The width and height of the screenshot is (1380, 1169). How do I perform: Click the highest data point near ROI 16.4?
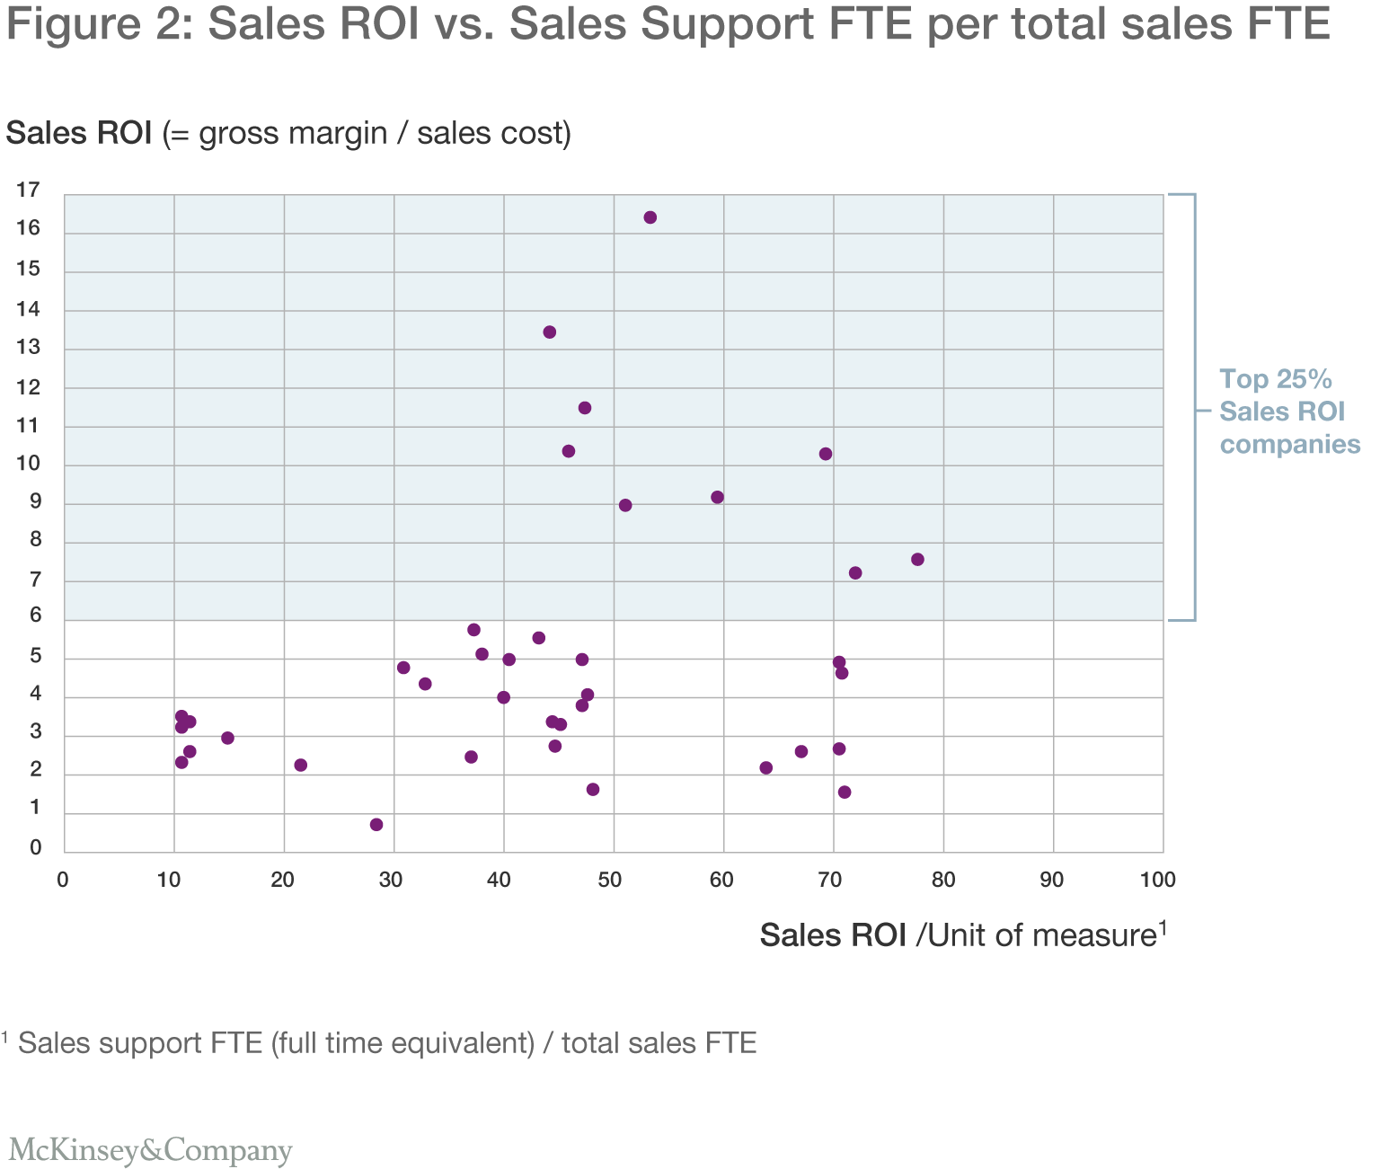(x=650, y=217)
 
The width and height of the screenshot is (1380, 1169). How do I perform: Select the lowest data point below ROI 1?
(x=376, y=825)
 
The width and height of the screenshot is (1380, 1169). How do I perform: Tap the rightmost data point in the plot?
(x=917, y=560)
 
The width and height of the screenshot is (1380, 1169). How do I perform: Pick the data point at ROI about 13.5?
(x=550, y=332)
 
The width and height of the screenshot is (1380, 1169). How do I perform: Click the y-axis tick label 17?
(x=29, y=190)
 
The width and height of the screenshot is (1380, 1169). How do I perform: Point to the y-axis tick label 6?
(x=36, y=615)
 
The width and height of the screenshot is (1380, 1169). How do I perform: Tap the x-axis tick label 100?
(x=1157, y=881)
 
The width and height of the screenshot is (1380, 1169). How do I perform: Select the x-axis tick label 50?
(x=610, y=881)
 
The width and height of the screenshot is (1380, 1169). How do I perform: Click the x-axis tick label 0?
(x=63, y=881)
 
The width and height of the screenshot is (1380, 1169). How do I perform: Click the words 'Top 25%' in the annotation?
(x=1275, y=379)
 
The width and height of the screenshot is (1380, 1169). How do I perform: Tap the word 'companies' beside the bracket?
(x=1289, y=445)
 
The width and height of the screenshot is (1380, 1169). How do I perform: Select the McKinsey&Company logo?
(x=150, y=1150)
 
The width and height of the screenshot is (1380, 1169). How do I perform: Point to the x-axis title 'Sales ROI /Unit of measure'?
(x=962, y=935)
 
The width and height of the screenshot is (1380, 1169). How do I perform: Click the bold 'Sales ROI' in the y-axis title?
(x=79, y=133)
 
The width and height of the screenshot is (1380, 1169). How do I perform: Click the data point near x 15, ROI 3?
(x=227, y=739)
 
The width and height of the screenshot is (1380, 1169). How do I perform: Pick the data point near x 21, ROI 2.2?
(x=301, y=766)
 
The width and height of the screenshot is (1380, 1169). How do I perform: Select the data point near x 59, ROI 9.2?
(x=717, y=498)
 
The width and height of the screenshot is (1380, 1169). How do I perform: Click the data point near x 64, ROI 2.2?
(x=766, y=768)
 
